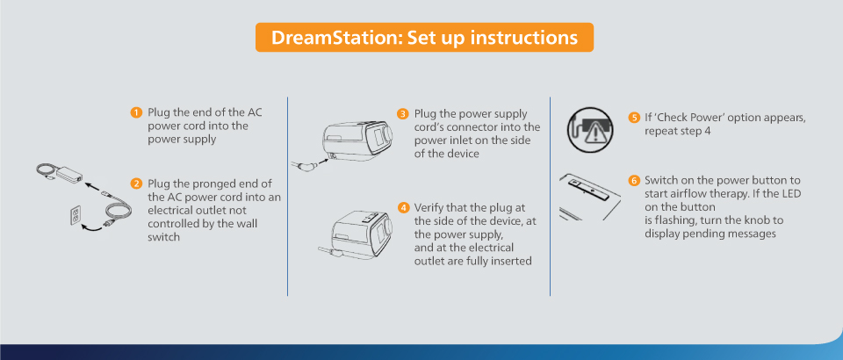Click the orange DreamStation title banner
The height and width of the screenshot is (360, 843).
(x=424, y=37)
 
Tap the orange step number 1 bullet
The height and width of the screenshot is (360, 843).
(x=136, y=112)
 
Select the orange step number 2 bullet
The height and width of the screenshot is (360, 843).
(x=136, y=184)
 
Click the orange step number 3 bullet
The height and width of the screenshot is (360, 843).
(x=403, y=114)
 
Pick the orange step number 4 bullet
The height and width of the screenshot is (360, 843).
(x=403, y=208)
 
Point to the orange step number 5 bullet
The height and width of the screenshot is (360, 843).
(x=634, y=118)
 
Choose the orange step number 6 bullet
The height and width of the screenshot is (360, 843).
(x=634, y=180)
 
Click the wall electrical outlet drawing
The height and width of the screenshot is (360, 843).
(x=76, y=215)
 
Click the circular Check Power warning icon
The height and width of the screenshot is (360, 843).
(x=590, y=129)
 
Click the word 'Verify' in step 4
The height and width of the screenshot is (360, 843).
(x=429, y=208)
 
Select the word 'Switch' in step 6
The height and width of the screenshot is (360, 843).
(x=659, y=180)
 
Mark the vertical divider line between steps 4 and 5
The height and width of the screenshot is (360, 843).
(x=550, y=196)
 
